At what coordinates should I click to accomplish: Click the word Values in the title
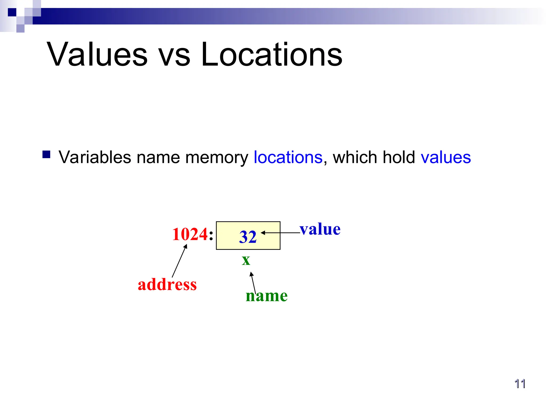coord(97,55)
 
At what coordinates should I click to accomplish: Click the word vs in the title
coord(175,56)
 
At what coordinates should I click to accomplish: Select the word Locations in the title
coord(271,55)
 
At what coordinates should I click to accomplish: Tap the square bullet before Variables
coord(46,155)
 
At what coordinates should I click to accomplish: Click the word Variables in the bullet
coord(95,157)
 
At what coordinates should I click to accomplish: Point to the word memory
coord(216,158)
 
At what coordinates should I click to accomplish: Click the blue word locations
coord(288,157)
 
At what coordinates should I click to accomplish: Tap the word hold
coord(399,157)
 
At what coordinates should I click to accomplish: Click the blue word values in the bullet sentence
coord(446,158)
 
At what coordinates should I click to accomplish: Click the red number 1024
coord(190,234)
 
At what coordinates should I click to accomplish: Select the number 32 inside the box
coord(248,237)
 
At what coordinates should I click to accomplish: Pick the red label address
coord(167,284)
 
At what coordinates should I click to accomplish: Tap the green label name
coord(267,296)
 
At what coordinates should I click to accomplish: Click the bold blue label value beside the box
coord(320,229)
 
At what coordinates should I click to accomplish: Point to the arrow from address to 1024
coord(179,261)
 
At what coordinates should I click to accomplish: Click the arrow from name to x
coord(253,283)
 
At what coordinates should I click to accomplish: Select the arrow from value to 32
coord(280,233)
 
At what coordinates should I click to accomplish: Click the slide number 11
coord(520,384)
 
